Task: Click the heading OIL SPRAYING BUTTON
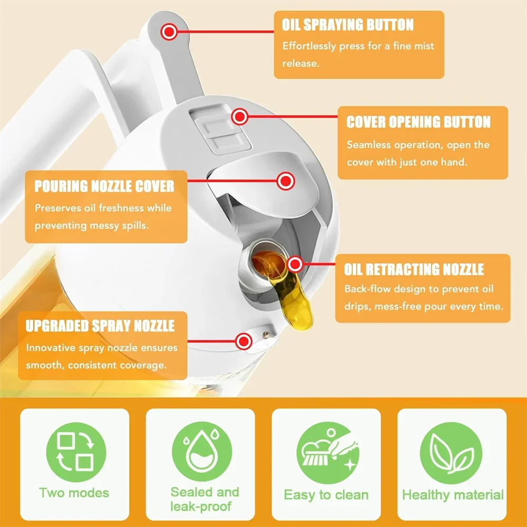point(347,25)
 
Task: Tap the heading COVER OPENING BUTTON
point(418,122)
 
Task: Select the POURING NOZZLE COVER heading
point(104,187)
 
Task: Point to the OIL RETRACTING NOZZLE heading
point(414,270)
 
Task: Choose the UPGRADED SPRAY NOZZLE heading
point(100,326)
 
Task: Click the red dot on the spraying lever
point(169,32)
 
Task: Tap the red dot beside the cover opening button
point(240,116)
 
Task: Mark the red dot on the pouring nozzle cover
point(286,181)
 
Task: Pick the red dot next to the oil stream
point(296,263)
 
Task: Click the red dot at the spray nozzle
point(243,341)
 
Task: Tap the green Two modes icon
point(75,451)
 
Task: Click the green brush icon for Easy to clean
point(326,451)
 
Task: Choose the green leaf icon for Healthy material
point(452,451)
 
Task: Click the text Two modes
point(74,493)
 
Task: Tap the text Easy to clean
point(326,495)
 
